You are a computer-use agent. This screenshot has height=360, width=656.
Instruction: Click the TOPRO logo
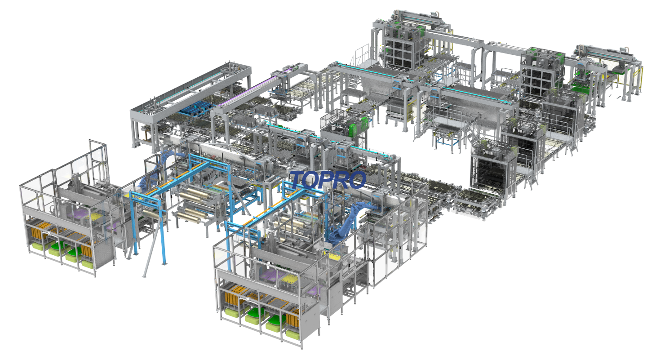coord(328,180)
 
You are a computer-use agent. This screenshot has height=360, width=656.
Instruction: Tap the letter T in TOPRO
coord(297,180)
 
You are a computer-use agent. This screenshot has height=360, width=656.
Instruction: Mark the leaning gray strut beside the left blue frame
coord(152,246)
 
